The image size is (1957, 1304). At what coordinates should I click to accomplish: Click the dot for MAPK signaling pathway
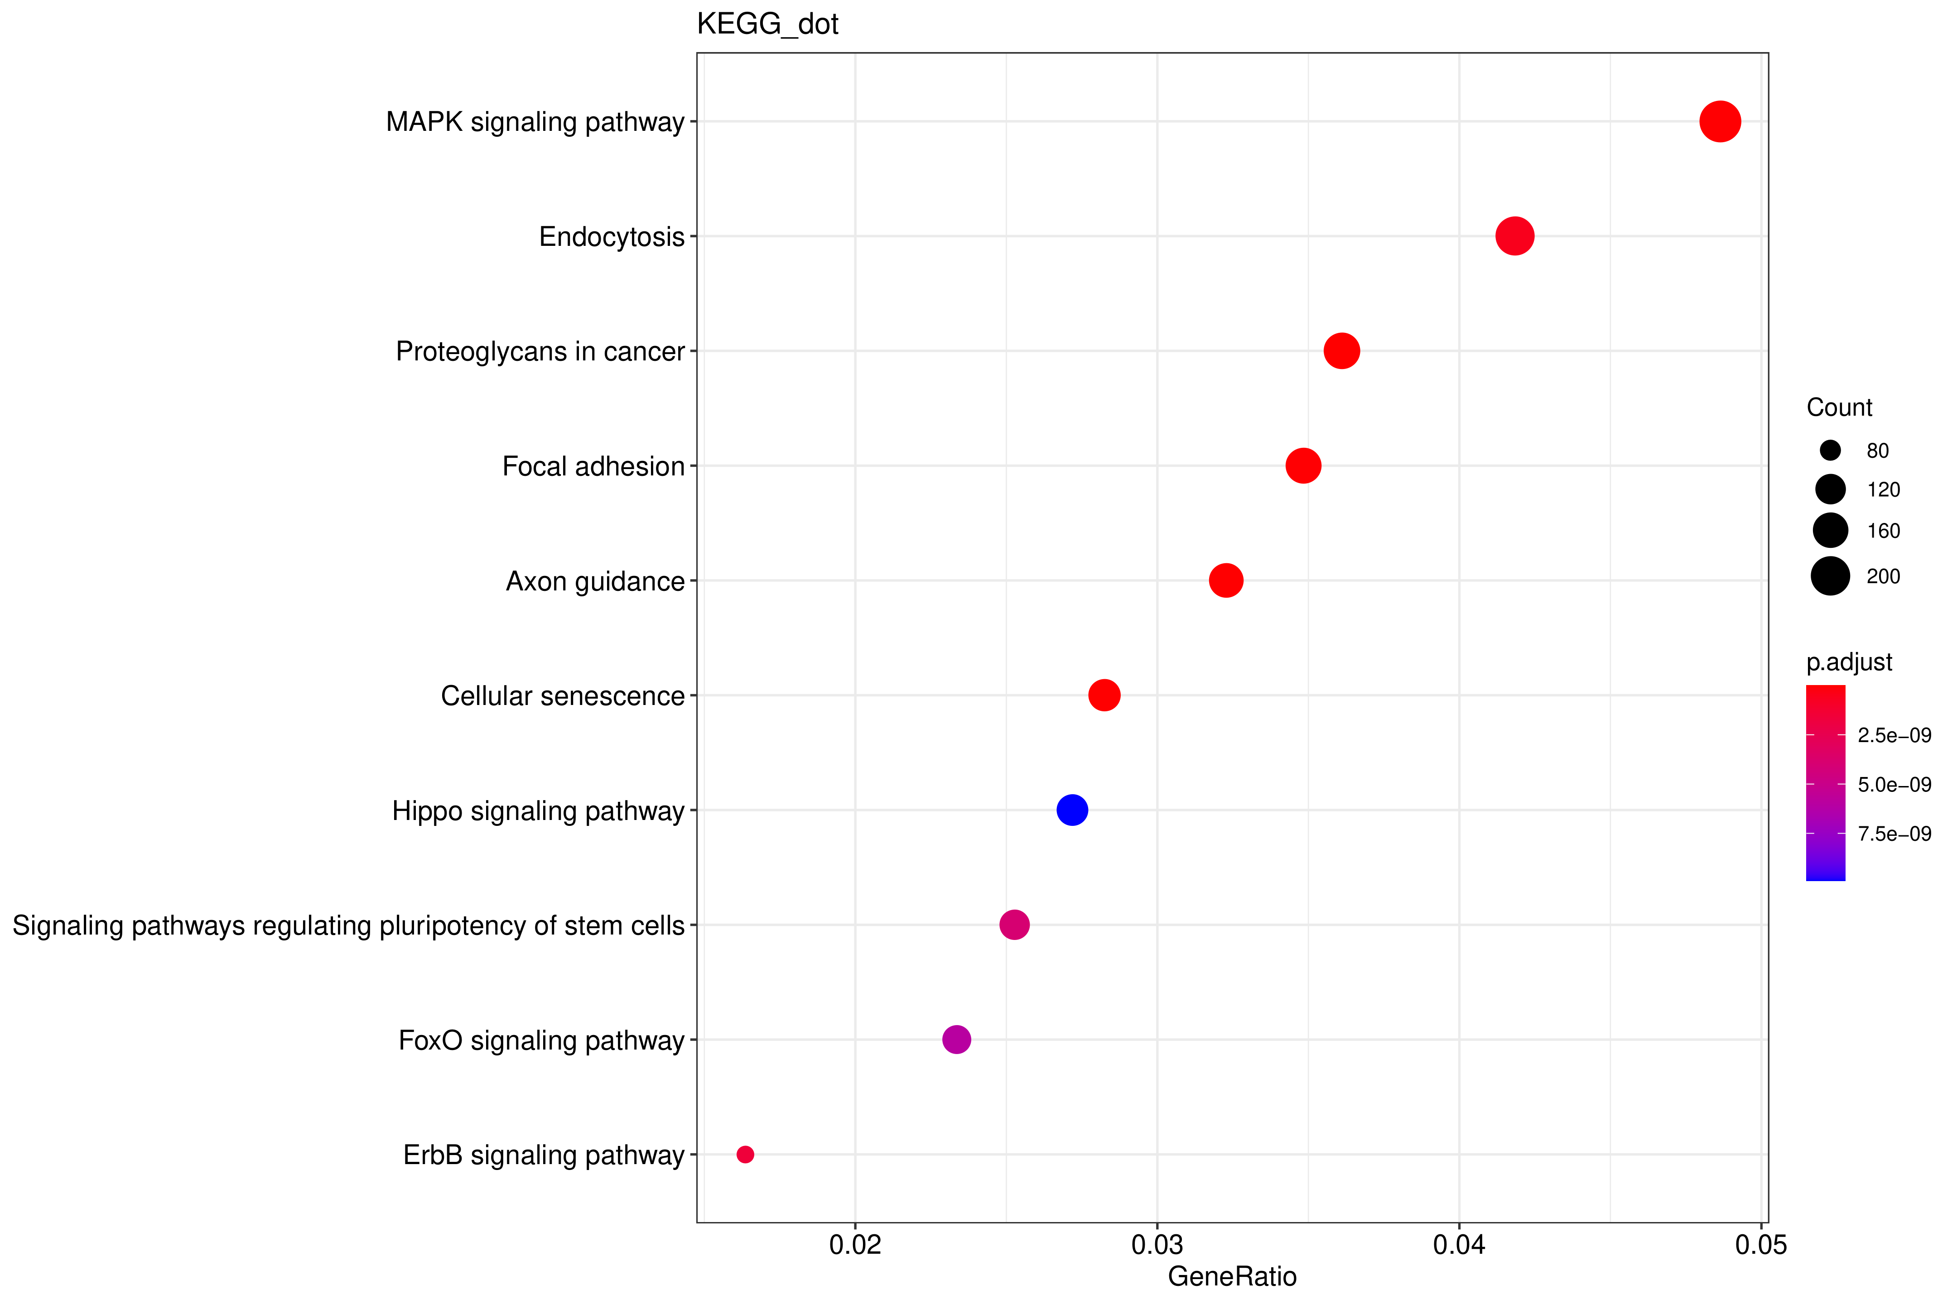click(x=1719, y=121)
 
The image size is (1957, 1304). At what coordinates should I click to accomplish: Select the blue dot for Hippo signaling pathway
click(x=1072, y=809)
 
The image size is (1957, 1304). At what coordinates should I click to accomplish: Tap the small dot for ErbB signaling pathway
click(x=745, y=1154)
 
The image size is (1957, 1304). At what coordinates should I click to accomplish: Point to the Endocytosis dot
click(x=1514, y=236)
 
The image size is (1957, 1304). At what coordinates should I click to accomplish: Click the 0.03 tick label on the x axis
click(x=1157, y=1245)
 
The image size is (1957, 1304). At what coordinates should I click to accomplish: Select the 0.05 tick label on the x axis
click(x=1760, y=1245)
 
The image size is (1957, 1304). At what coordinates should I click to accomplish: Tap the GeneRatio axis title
click(x=1231, y=1276)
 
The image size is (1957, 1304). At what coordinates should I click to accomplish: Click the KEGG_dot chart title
click(x=767, y=24)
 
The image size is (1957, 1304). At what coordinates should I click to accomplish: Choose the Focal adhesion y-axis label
click(x=593, y=466)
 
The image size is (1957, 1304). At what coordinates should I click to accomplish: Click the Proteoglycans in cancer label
click(x=539, y=352)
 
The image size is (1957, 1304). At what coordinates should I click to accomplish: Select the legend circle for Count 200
click(x=1830, y=575)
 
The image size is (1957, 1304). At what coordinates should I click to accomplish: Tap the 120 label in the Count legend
click(x=1883, y=490)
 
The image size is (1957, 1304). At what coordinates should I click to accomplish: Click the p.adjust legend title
click(x=1849, y=662)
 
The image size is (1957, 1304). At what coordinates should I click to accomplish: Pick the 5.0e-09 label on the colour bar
click(x=1894, y=784)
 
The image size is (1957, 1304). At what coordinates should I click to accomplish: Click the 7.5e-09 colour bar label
click(x=1894, y=833)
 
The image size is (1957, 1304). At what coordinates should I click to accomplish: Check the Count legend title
click(x=1839, y=407)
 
